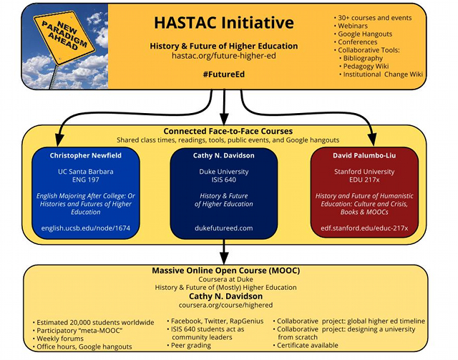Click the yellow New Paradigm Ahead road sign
tap(64, 37)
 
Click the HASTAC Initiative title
tap(224, 23)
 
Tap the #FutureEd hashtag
tap(224, 74)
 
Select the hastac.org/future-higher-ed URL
tap(224, 56)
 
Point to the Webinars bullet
tap(351, 26)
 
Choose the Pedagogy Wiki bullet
tap(364, 66)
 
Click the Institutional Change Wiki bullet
tap(381, 74)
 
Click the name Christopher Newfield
tap(86, 155)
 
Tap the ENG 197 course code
tap(86, 180)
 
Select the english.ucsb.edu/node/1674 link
tap(86, 228)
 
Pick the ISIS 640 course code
tap(224, 180)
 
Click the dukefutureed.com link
tap(224, 228)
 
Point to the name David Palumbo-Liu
tap(364, 155)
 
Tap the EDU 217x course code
tap(364, 180)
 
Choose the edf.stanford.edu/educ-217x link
tap(364, 228)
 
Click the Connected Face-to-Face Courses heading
tap(228, 131)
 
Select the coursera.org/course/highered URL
tap(225, 305)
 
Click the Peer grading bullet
tap(189, 346)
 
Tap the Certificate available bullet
tap(306, 346)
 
